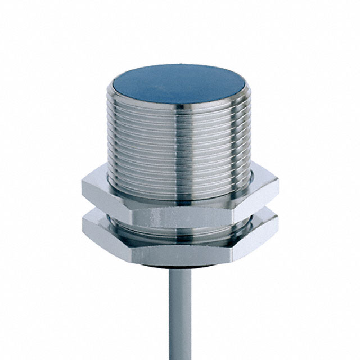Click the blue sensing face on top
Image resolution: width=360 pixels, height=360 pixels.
178,84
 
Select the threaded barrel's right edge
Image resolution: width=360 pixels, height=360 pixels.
248,135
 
